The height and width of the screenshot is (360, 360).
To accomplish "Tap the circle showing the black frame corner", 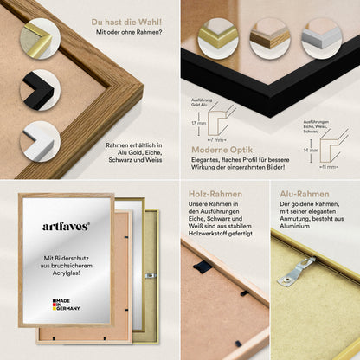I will [x=40, y=89].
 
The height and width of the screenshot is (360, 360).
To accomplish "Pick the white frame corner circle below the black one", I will [x=40, y=139].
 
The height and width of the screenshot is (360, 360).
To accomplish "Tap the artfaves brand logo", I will [x=66, y=226].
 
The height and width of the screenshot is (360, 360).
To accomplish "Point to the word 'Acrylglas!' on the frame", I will [x=67, y=275].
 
